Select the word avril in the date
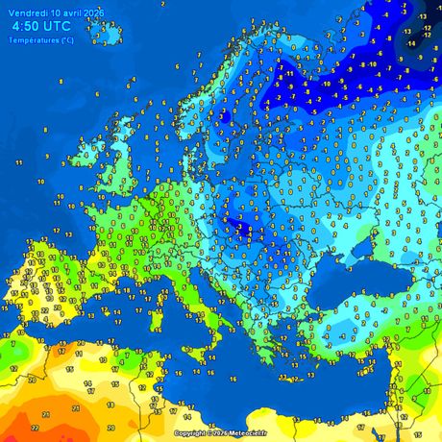[x=72, y=13]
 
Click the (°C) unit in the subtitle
[x=65, y=39]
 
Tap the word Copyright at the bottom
[x=190, y=433]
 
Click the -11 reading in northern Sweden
[x=287, y=73]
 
